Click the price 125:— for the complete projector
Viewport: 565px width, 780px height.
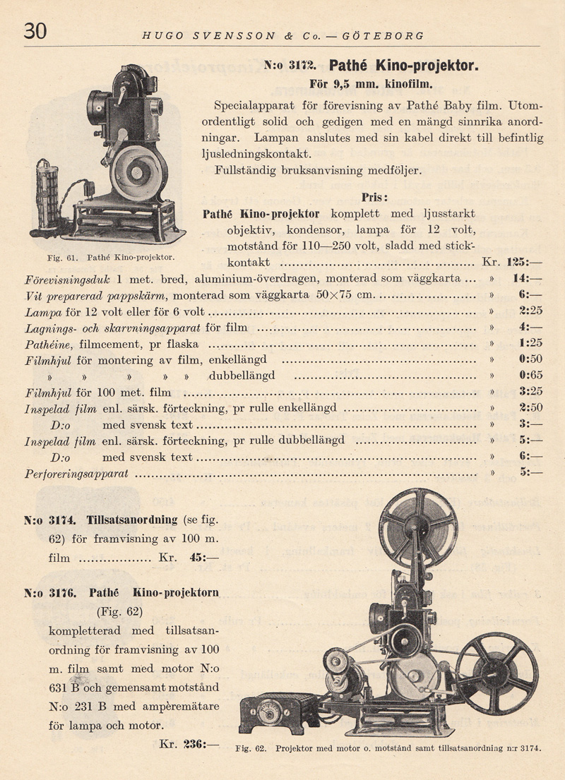tap(523, 263)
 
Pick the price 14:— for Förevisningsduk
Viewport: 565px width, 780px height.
tap(529, 279)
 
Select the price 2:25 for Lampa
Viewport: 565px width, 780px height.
tap(530, 311)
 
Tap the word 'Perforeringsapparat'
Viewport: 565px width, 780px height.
tap(76, 474)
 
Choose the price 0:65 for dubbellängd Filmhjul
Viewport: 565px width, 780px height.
tap(530, 376)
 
